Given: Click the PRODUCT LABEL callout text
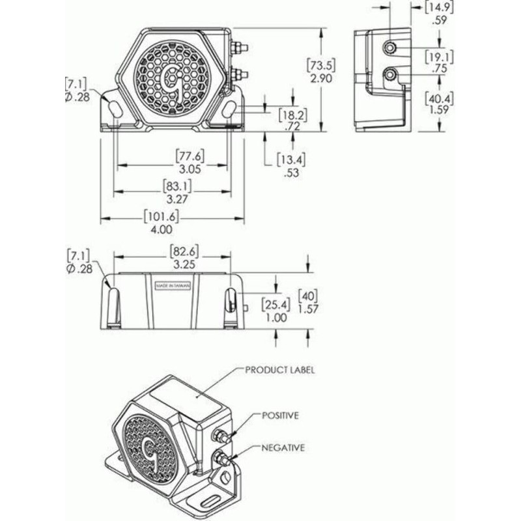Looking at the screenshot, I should [280, 370].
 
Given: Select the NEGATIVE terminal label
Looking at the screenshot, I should [283, 448].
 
